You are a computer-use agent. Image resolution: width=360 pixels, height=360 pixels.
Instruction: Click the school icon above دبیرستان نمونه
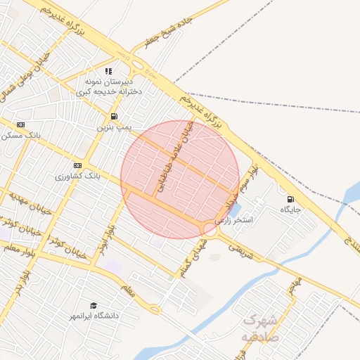108,71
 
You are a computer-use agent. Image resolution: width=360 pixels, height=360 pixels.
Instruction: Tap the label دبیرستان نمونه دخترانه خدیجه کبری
109,86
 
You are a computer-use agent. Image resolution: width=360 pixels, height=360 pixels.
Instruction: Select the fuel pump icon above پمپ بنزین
114,116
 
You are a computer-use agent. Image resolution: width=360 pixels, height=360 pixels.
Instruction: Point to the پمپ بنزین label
114,128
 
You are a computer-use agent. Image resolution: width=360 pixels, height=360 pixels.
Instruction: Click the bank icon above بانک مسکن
21,124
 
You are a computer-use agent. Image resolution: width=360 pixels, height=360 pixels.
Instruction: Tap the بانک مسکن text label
21,135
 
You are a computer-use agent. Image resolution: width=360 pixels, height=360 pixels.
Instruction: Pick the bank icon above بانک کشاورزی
77,165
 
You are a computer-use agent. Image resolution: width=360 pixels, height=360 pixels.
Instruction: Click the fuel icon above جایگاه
290,199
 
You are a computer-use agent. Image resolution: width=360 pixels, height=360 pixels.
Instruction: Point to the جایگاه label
290,210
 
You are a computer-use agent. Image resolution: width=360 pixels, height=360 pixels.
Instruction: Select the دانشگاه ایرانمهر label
93,316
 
